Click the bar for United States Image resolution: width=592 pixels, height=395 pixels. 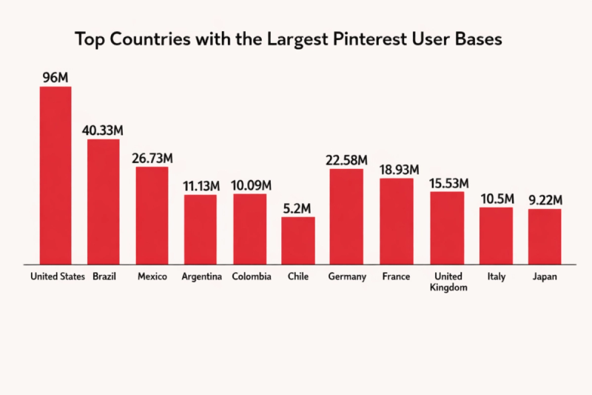[x=55, y=175]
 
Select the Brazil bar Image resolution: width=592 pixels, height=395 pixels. [x=104, y=201]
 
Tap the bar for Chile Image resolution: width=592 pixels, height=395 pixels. [x=298, y=240]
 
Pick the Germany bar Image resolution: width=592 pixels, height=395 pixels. [x=346, y=216]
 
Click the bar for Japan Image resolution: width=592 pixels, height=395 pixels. [x=545, y=236]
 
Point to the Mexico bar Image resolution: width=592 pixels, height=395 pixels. [x=152, y=215]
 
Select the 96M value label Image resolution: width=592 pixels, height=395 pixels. [x=55, y=76]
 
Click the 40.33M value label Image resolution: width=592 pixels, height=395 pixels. [x=103, y=130]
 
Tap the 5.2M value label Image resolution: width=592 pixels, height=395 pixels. [x=298, y=207]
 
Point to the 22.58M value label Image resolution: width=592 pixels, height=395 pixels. [x=346, y=159]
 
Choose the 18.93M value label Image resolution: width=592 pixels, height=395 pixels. [x=397, y=169]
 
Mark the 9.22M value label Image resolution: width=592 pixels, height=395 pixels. [x=545, y=199]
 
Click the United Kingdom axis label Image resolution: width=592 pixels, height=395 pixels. [x=448, y=282]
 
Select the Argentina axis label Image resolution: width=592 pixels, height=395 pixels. [x=201, y=277]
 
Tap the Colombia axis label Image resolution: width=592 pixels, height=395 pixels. [x=250, y=277]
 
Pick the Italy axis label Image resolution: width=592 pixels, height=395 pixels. [x=497, y=277]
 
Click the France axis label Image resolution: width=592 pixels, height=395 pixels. [x=397, y=277]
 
